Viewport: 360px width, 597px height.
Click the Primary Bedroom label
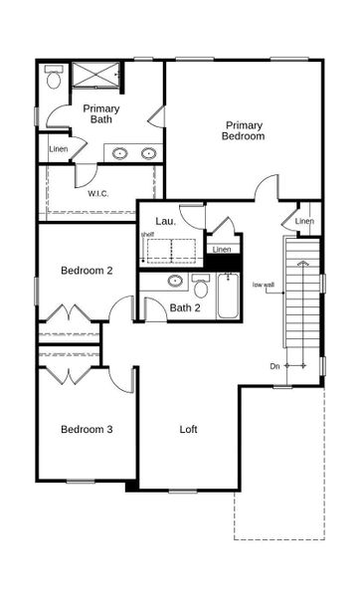[x=244, y=130]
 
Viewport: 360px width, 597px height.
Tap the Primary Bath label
[x=100, y=113]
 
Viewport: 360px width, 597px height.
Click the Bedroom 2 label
[x=87, y=270]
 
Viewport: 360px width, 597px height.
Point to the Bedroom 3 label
[x=87, y=429]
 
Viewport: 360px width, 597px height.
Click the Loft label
[x=188, y=430]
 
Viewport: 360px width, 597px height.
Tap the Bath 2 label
[x=184, y=308]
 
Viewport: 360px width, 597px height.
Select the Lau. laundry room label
[x=165, y=221]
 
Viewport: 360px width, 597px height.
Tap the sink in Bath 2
[x=175, y=281]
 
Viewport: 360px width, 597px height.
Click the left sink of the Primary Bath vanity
[x=120, y=153]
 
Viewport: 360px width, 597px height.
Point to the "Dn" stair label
[x=274, y=366]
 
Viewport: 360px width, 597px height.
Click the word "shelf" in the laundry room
[x=147, y=234]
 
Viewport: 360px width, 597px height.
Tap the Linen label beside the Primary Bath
[x=59, y=149]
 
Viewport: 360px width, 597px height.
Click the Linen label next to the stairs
[x=304, y=221]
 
